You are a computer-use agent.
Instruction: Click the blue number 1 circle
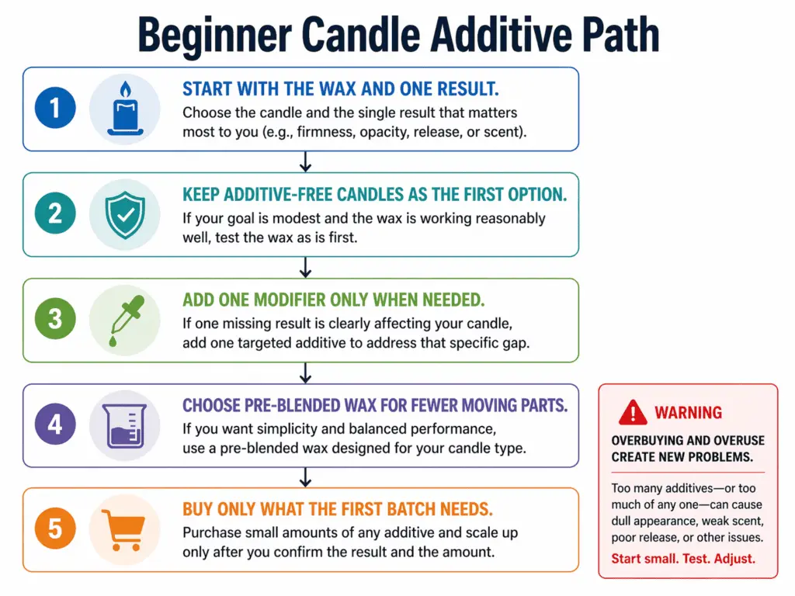click(55, 109)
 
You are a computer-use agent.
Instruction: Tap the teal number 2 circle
click(55, 214)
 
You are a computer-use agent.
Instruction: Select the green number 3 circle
click(55, 320)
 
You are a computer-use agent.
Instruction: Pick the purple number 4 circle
click(55, 425)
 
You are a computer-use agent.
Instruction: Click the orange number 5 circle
click(55, 529)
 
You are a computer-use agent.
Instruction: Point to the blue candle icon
click(124, 109)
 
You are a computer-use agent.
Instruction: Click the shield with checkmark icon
click(124, 214)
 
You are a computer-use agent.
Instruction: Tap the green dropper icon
click(124, 320)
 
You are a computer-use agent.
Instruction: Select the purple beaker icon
click(124, 425)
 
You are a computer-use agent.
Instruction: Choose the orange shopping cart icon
click(124, 529)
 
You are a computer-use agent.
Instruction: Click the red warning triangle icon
click(633, 412)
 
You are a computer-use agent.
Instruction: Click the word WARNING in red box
click(688, 413)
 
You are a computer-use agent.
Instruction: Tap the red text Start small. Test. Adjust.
click(683, 558)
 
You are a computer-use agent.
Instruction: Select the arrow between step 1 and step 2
click(305, 161)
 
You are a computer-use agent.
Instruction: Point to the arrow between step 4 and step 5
click(305, 477)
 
